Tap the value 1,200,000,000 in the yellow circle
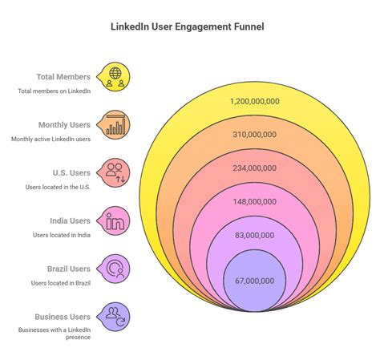click(x=254, y=101)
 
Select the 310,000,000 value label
click(x=254, y=136)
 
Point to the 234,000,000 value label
click(x=254, y=168)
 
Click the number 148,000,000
click(x=254, y=202)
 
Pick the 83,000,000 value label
click(x=254, y=235)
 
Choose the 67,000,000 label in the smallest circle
click(x=254, y=280)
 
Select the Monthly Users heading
click(x=64, y=125)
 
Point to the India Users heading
click(x=69, y=220)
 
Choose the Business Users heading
click(x=63, y=317)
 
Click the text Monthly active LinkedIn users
click(x=51, y=140)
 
